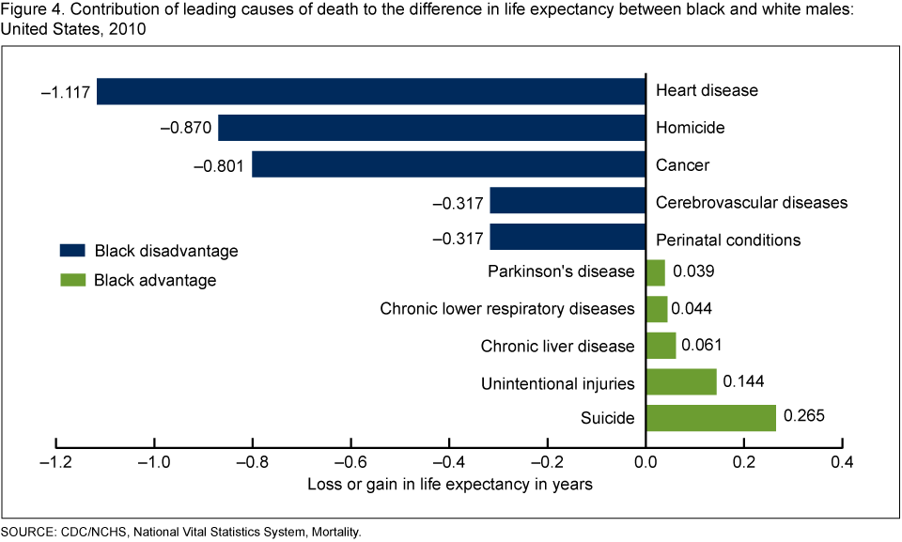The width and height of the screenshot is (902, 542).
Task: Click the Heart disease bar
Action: pos(371,91)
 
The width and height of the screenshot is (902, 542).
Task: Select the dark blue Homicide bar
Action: pos(431,128)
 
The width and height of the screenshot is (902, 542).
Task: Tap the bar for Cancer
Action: pos(448,165)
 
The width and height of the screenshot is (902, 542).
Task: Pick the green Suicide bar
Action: pos(710,418)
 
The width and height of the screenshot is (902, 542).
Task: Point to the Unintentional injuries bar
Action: pos(681,382)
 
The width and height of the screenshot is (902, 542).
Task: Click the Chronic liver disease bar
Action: pos(661,346)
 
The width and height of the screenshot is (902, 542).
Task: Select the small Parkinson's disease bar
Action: pos(655,272)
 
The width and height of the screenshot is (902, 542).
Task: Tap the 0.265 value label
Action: pos(803,416)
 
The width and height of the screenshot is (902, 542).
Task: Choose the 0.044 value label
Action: pos(694,309)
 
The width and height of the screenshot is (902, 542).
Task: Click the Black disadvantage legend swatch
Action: pos(71,251)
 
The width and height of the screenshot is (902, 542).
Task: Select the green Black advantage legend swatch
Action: pos(71,280)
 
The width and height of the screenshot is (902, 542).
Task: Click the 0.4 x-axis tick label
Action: pos(842,463)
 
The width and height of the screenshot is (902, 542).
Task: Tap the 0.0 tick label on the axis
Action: pos(645,463)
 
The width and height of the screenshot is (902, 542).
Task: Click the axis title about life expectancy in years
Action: pos(449,485)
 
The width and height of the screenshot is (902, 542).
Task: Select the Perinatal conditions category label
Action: pos(728,240)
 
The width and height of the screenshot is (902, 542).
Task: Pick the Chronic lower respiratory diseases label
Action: pos(507,309)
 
